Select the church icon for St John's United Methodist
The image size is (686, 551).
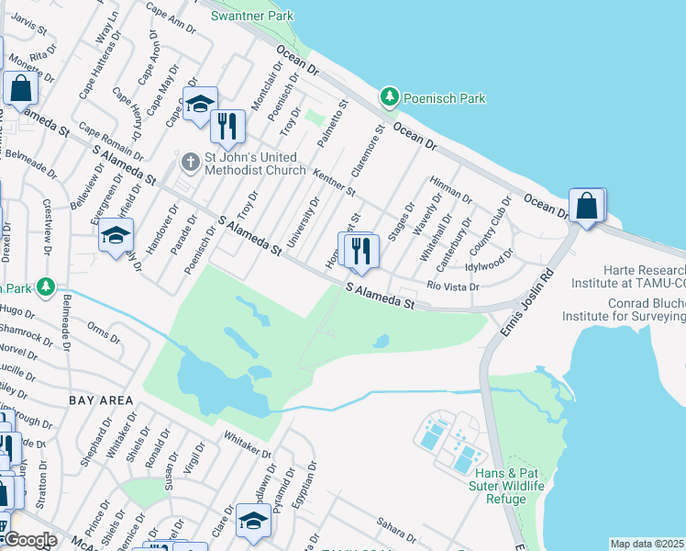point(190,163)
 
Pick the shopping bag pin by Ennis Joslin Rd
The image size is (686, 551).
point(586,207)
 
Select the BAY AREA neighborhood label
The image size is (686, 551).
point(100,400)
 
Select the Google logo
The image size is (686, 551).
point(29,540)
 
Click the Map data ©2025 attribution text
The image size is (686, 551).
point(647,544)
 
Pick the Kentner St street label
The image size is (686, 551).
point(334,182)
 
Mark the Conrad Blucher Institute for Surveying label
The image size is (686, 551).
point(633,310)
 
